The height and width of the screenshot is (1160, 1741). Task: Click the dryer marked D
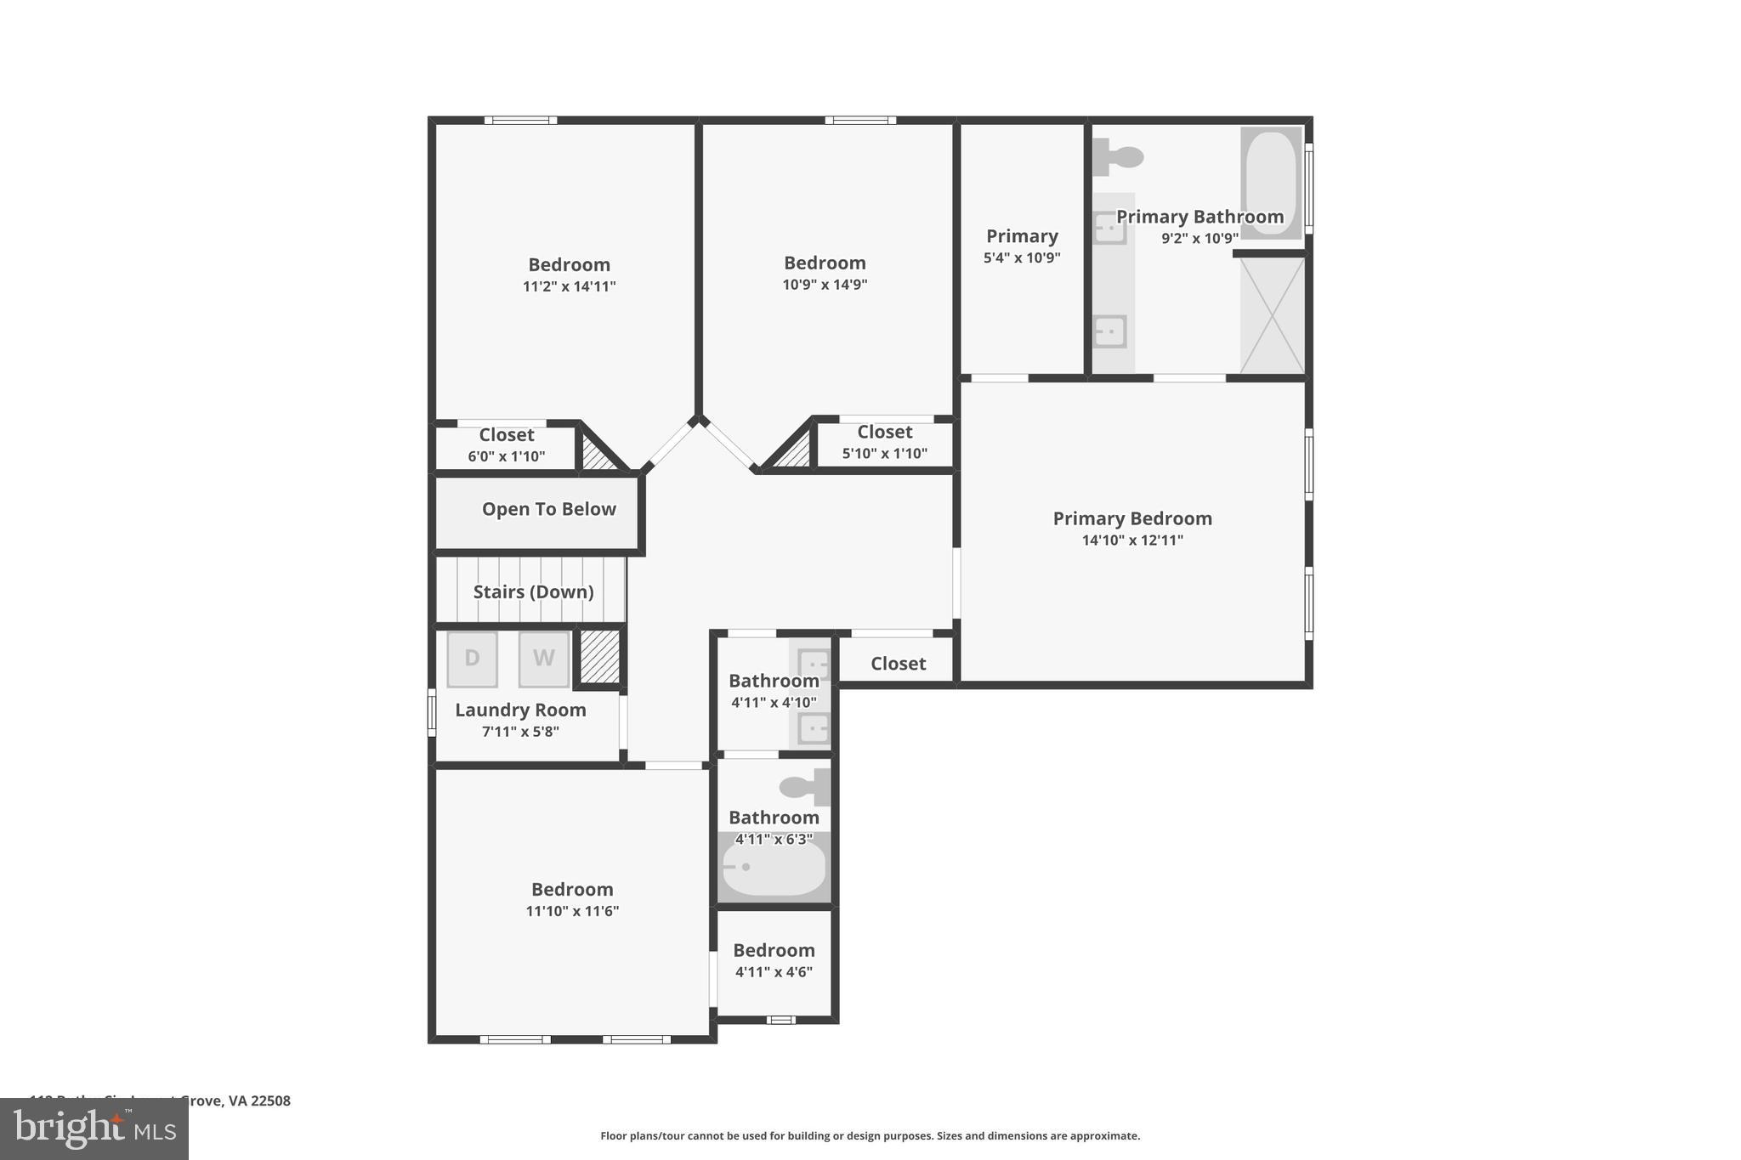pos(472,659)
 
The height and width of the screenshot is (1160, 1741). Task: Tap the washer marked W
pos(544,659)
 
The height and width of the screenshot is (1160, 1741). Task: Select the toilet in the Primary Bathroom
pos(1119,157)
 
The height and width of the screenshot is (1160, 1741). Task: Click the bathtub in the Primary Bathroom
pos(1270,182)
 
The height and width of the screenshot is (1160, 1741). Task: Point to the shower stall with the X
pos(1272,315)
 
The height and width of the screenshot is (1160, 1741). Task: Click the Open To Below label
pos(548,509)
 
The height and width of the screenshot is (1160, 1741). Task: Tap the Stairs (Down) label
pos(533,591)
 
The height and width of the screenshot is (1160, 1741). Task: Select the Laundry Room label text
pos(520,710)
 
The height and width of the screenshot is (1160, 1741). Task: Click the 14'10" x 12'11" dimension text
pos(1131,540)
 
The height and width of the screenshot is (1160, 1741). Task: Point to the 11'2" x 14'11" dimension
pos(569,286)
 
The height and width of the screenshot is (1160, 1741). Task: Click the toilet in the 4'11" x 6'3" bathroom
pos(802,787)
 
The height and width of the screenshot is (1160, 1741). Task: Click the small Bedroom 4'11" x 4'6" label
pos(774,950)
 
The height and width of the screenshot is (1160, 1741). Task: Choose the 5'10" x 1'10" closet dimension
pos(884,454)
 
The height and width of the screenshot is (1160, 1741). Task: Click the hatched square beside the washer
pos(600,656)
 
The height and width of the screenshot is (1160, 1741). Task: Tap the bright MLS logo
pos(94,1129)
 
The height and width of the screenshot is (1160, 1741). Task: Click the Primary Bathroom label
pos(1199,217)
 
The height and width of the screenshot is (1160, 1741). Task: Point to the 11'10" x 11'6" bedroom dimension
pos(572,911)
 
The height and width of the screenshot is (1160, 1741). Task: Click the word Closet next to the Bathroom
pos(898,664)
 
